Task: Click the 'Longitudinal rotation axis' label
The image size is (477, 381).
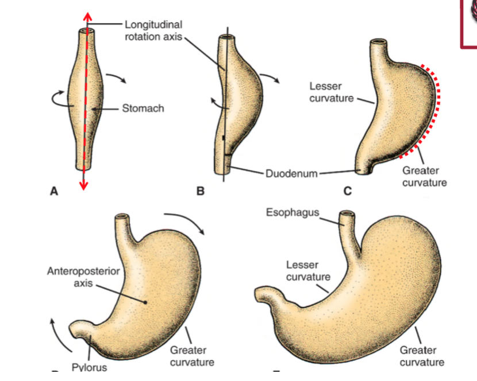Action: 153,30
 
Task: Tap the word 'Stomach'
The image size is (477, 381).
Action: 143,108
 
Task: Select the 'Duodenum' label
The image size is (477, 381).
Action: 291,173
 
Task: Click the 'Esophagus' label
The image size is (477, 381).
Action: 292,213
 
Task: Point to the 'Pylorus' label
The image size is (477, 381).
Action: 89,367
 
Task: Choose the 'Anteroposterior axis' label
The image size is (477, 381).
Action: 83,277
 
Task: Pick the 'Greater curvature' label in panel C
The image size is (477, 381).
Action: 424,176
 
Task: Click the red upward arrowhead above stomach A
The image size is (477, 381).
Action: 84,15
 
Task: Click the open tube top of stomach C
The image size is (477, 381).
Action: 379,43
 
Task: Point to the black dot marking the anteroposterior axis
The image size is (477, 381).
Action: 146,301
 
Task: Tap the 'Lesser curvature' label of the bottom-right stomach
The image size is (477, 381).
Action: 309,271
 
